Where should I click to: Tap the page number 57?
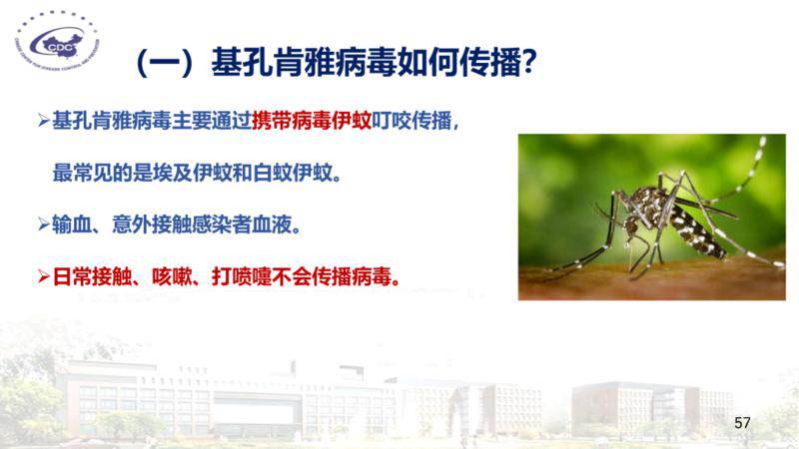click(x=742, y=422)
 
